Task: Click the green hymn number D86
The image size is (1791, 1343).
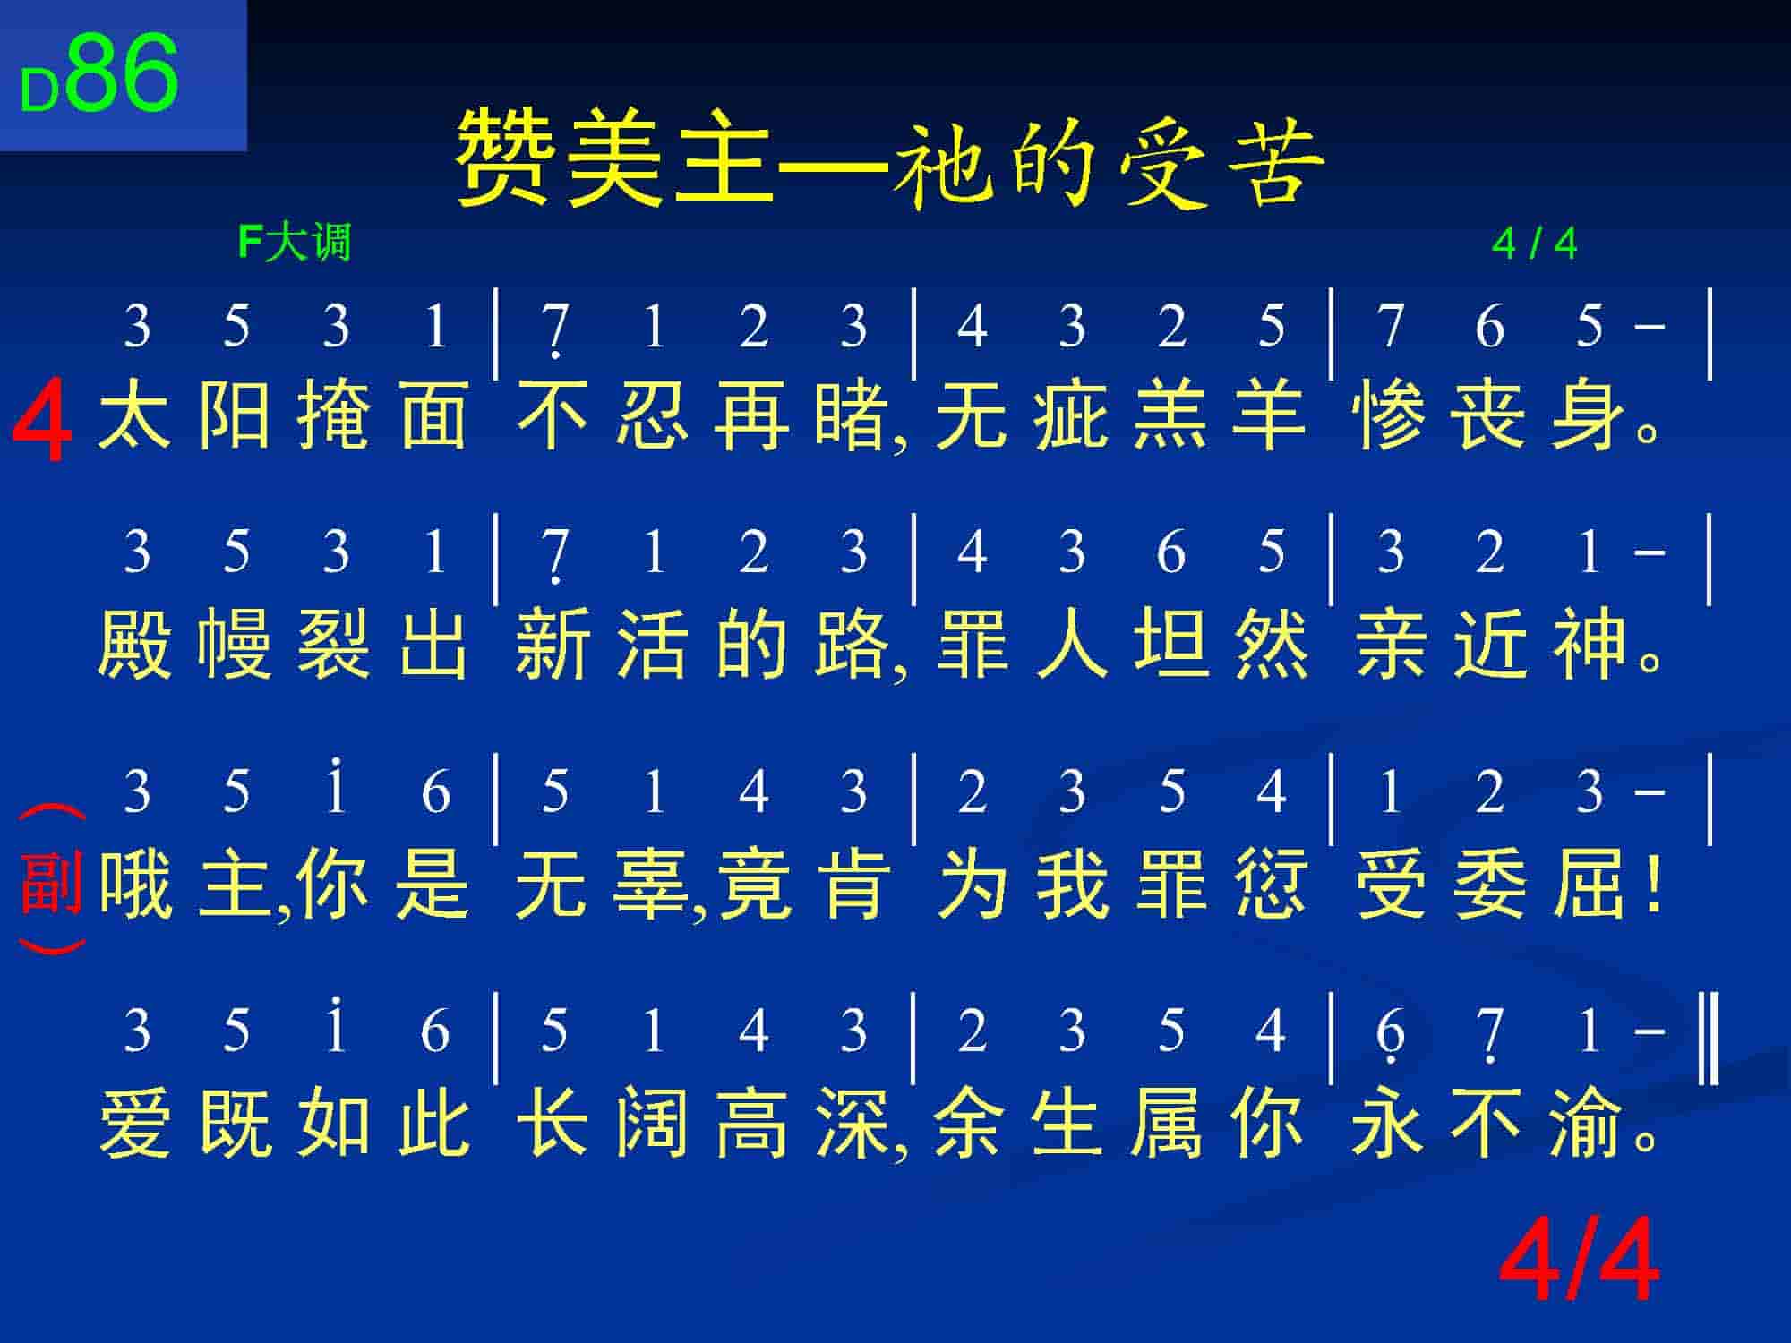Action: click(x=99, y=75)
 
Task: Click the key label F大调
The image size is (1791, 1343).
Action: click(x=295, y=243)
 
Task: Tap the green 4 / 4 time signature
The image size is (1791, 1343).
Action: click(x=1535, y=244)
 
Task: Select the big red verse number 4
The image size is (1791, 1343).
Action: click(x=42, y=420)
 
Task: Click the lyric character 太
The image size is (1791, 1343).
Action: click(x=134, y=415)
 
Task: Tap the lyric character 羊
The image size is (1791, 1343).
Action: click(x=1269, y=415)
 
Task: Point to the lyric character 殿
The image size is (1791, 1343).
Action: click(x=134, y=642)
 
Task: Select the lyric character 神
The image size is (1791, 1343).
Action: click(x=1590, y=642)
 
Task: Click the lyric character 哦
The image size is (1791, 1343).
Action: click(x=134, y=885)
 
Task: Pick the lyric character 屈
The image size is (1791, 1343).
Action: click(x=1590, y=885)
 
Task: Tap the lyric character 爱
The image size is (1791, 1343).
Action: click(x=134, y=1124)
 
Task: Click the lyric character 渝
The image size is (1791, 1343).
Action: click(x=1590, y=1124)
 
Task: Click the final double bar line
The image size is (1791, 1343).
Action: click(x=1709, y=1037)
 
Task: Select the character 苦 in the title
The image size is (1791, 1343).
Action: click(x=1275, y=162)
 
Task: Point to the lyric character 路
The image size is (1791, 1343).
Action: click(x=852, y=642)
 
